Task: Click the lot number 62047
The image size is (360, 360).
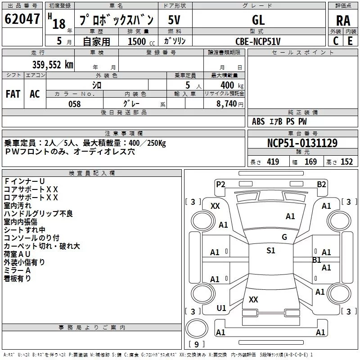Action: [22, 19]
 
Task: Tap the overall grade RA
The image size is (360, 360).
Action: [343, 21]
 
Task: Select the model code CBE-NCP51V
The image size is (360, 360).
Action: [258, 41]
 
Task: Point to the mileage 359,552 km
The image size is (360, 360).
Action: [53, 65]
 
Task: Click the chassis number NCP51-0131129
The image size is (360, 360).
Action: [302, 143]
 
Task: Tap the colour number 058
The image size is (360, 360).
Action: [75, 104]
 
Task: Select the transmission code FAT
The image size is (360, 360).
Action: [13, 94]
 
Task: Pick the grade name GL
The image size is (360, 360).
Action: [258, 20]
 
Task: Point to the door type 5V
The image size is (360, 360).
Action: [174, 20]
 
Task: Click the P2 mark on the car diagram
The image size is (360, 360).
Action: [220, 184]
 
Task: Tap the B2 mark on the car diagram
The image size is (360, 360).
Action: [321, 184]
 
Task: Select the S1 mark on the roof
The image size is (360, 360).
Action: [271, 250]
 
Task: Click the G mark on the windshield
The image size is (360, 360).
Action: [284, 237]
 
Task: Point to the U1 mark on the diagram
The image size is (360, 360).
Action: [221, 308]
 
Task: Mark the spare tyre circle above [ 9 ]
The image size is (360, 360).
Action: [197, 328]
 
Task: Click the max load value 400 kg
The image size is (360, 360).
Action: [232, 85]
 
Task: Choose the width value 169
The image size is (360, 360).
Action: [310, 162]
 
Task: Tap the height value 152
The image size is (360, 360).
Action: [346, 162]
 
